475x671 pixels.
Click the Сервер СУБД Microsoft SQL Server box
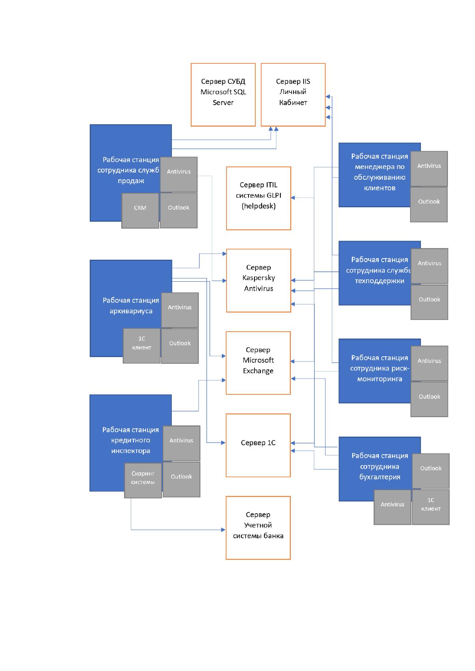point(223,95)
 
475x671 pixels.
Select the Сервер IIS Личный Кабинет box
point(293,95)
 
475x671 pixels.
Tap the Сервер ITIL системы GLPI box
point(258,198)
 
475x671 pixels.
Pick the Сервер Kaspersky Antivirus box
point(258,281)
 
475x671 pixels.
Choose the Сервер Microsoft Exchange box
point(258,363)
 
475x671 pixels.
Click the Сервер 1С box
point(258,445)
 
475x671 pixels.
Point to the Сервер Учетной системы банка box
point(258,528)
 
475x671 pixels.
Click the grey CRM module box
point(140,211)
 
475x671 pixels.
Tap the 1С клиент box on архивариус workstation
point(142,346)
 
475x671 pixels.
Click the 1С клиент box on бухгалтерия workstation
point(431,507)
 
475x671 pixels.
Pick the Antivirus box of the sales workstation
point(179,175)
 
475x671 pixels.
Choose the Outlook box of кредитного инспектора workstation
point(181,479)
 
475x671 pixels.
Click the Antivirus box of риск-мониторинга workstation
point(430,363)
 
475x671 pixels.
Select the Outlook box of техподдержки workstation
point(430,302)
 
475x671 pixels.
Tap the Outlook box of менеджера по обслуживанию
point(429,204)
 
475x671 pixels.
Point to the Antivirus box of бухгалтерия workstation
point(392,507)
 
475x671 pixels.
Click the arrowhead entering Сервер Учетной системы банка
point(223,530)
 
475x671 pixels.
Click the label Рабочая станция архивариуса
point(131,306)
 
